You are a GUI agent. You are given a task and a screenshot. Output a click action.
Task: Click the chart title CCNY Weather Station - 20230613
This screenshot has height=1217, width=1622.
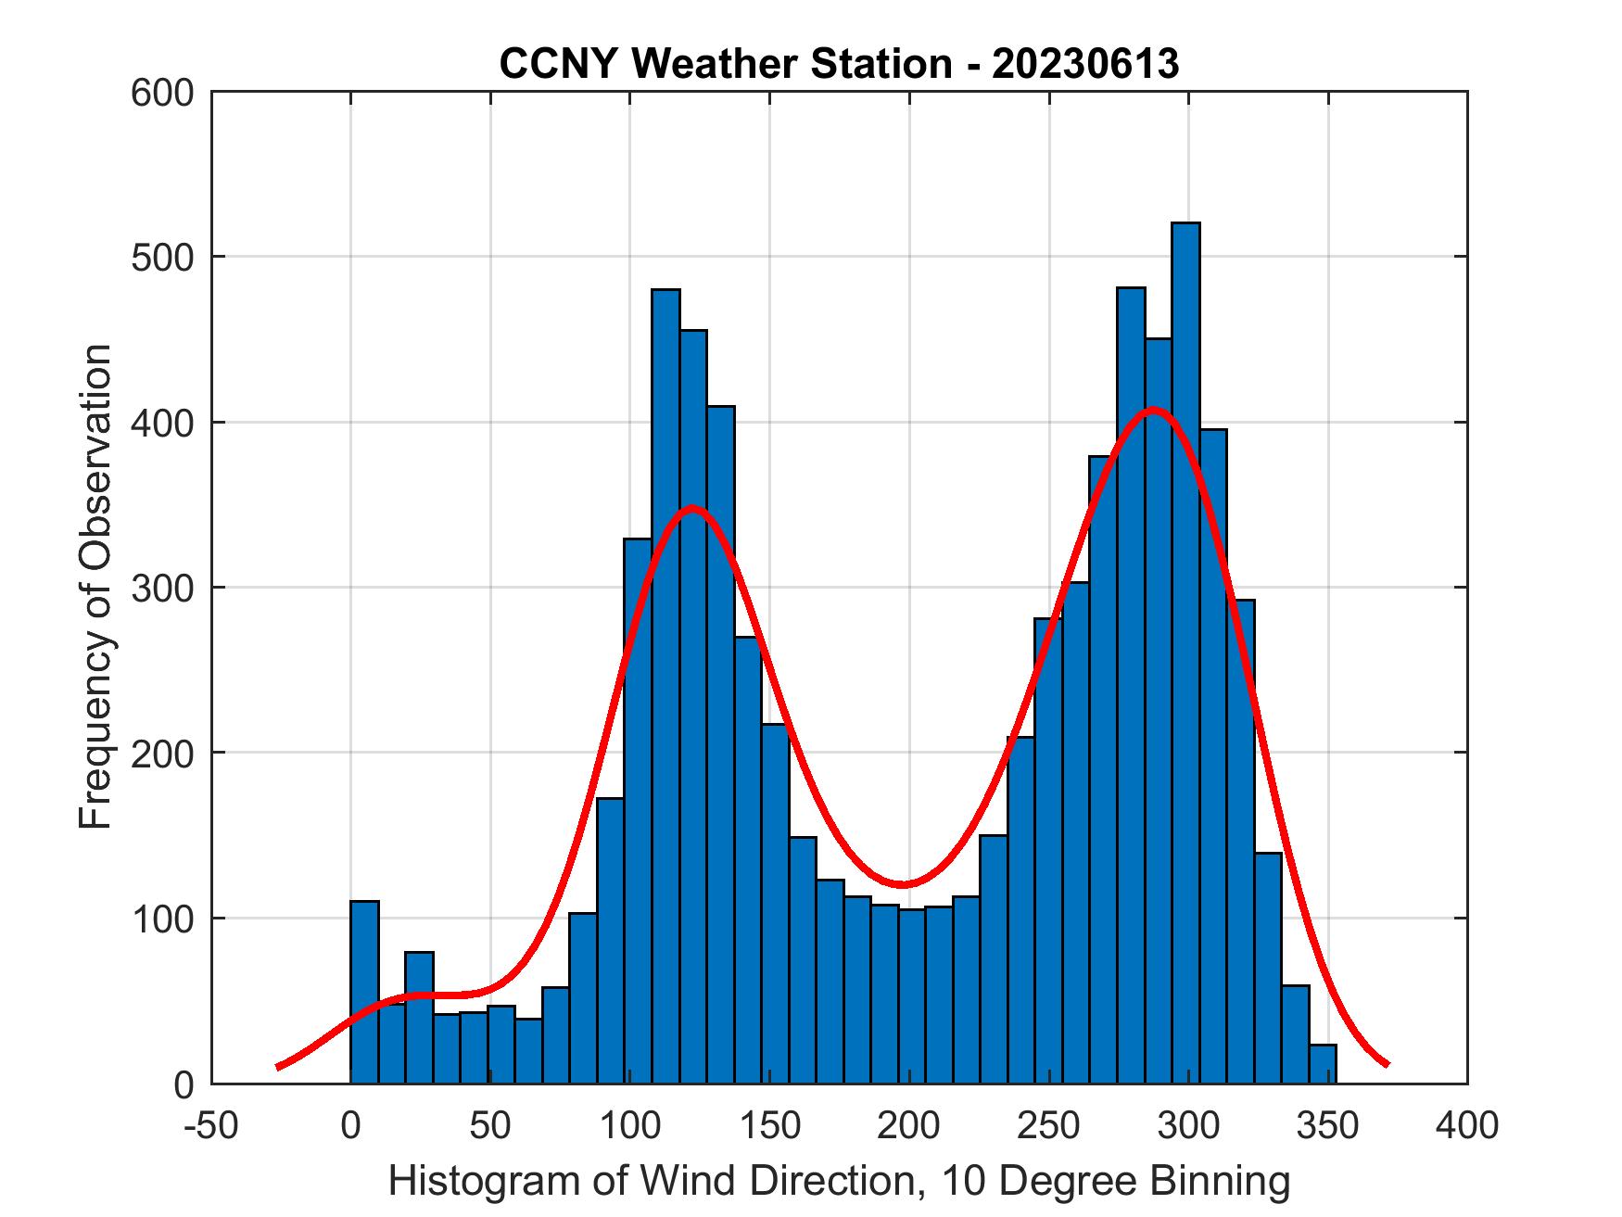click(x=839, y=63)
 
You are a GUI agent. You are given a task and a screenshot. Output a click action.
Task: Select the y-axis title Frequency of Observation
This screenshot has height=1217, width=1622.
click(x=95, y=588)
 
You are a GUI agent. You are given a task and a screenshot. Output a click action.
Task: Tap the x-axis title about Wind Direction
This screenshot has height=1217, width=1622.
click(x=839, y=1181)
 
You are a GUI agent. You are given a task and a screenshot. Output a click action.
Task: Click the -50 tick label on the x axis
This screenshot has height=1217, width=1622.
click(x=211, y=1125)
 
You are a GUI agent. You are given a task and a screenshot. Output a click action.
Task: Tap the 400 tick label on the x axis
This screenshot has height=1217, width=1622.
click(x=1467, y=1125)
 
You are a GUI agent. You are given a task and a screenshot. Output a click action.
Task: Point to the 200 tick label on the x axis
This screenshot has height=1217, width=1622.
click(x=908, y=1125)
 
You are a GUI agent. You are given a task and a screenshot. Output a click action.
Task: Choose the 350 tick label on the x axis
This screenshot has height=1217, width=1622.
click(x=1327, y=1125)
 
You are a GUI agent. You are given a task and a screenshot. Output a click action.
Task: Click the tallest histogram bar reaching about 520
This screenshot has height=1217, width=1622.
click(x=1185, y=649)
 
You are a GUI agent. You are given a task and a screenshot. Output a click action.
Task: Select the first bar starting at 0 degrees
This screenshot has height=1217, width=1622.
click(x=364, y=992)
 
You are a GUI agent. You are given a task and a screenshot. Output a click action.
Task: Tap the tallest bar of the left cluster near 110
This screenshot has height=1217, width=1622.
click(x=665, y=686)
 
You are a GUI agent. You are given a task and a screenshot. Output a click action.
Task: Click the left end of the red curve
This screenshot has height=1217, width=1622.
click(x=279, y=1067)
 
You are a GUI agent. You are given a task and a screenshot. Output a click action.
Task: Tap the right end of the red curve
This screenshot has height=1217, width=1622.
click(x=1387, y=1064)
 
